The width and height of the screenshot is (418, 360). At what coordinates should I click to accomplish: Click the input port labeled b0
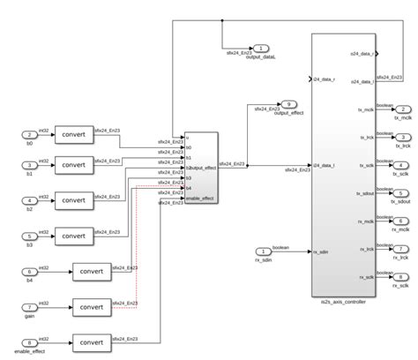pos(30,134)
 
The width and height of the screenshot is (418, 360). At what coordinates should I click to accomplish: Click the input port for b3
pos(30,236)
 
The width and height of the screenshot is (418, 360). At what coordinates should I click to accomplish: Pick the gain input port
pos(30,307)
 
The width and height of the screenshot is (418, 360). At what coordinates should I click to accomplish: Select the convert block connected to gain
pos(93,307)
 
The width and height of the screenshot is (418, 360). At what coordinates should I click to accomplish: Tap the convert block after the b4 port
pos(93,271)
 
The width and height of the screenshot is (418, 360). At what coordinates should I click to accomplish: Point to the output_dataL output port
pos(262,49)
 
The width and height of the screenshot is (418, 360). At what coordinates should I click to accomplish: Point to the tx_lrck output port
pos(401,138)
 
